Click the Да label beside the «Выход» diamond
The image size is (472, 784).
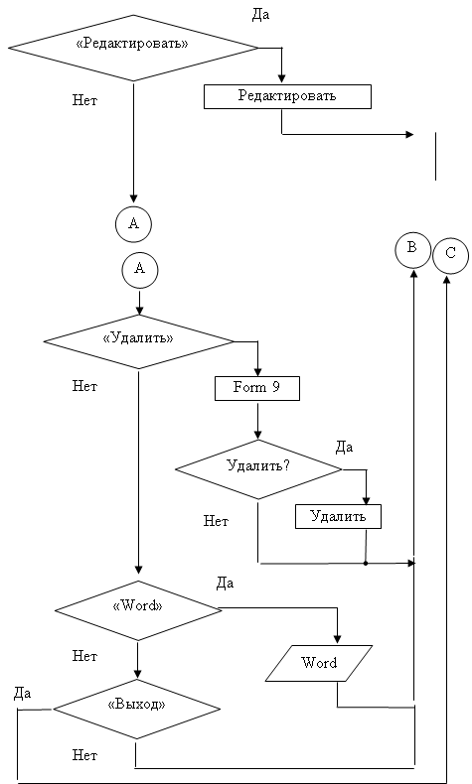[22, 694]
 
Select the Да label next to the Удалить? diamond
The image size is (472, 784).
[344, 448]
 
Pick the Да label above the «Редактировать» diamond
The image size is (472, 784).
[260, 15]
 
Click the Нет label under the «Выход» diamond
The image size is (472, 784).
[84, 755]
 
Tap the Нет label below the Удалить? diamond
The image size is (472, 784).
[216, 521]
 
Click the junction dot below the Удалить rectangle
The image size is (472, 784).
[366, 564]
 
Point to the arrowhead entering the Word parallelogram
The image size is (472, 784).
[337, 639]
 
